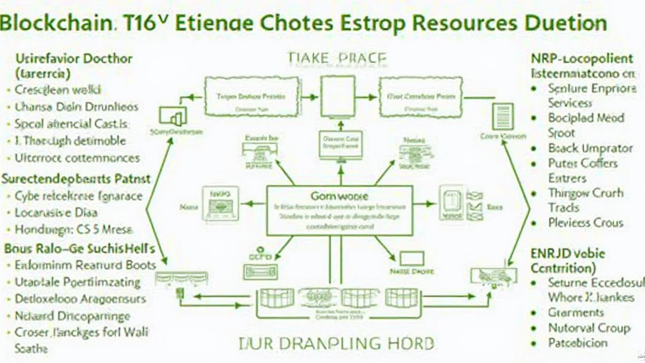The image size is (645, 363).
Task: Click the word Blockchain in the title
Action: [57, 24]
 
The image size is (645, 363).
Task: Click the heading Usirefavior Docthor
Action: [74, 59]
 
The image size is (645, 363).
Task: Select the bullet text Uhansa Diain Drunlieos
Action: [76, 107]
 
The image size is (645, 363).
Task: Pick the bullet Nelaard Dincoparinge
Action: [72, 316]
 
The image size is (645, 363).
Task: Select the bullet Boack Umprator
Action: [590, 148]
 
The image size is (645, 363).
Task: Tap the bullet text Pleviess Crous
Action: [585, 222]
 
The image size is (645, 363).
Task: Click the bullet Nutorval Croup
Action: [588, 328]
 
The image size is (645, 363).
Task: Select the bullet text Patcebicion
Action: [578, 343]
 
